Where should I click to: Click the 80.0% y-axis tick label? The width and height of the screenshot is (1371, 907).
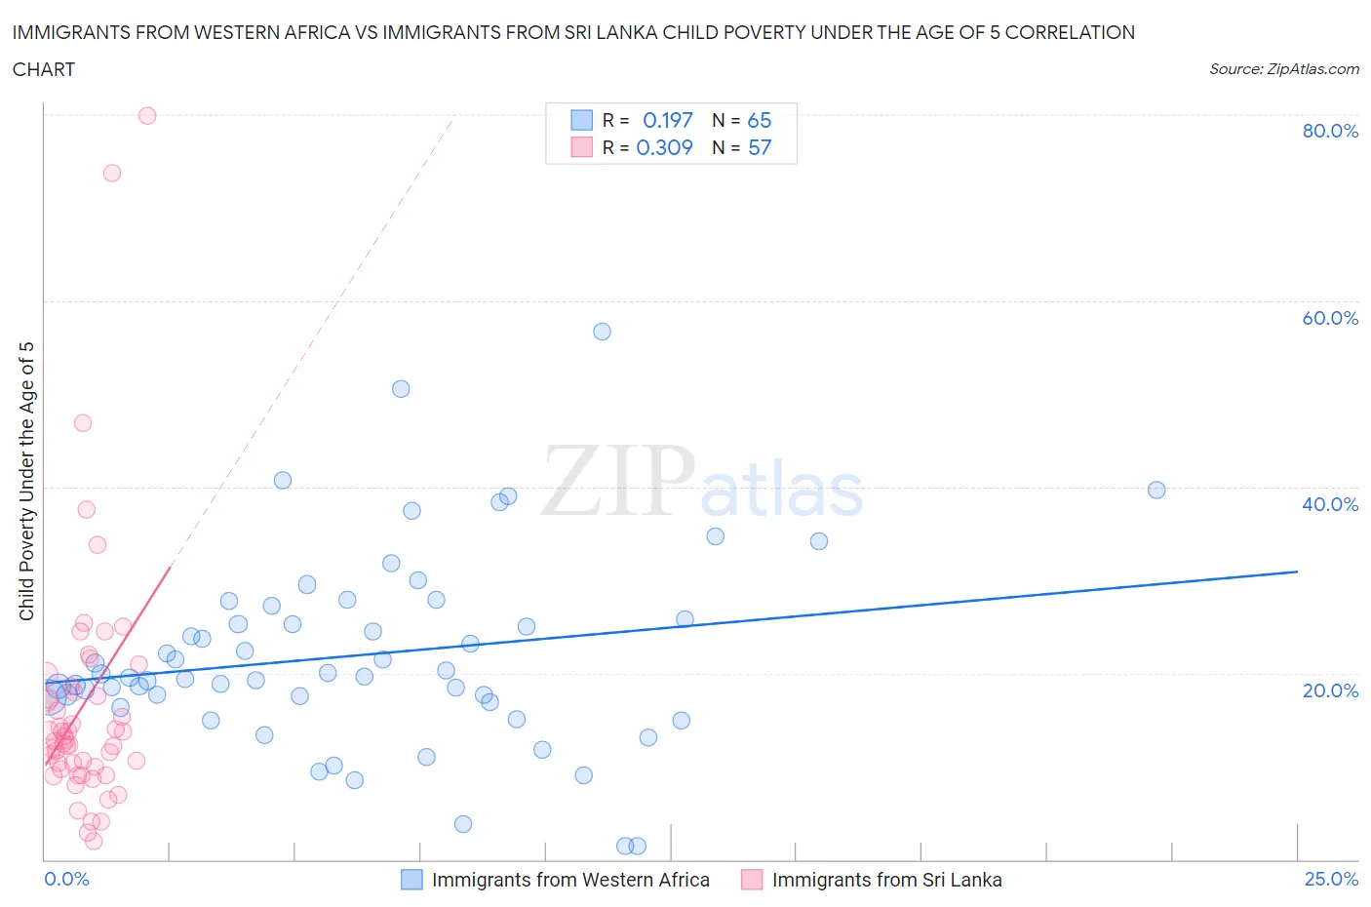tap(1330, 131)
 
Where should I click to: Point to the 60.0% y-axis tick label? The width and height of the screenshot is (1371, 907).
tap(1330, 318)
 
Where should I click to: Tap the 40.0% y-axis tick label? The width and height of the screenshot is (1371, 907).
tap(1330, 504)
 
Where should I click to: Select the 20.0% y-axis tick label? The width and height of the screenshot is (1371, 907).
tap(1330, 690)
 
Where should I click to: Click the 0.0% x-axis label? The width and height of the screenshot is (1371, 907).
tap(66, 879)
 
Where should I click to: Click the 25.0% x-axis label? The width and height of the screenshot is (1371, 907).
tap(1331, 879)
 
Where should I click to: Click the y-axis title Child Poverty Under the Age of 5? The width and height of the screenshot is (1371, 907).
tap(27, 481)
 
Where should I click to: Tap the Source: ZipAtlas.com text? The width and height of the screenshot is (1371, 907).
tap(1283, 68)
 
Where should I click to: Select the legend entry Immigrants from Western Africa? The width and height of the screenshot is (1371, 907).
tap(570, 880)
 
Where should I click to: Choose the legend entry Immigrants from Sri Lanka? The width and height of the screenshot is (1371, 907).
tap(886, 880)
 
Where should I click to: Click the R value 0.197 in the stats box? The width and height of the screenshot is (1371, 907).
tap(667, 120)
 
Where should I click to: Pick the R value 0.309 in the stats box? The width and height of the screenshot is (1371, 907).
tap(664, 147)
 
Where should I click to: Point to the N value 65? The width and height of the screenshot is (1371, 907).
tap(759, 120)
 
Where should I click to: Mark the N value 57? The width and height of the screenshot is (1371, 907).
tap(759, 147)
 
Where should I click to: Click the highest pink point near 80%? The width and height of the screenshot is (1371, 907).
tap(147, 115)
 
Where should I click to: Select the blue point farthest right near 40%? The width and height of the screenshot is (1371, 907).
tap(1156, 490)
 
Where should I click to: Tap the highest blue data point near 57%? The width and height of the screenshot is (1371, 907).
tap(602, 332)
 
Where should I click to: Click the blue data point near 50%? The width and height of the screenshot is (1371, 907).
tap(401, 388)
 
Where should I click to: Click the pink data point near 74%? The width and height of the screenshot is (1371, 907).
tap(112, 173)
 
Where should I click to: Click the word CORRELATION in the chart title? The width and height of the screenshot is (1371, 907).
tap(1070, 32)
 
